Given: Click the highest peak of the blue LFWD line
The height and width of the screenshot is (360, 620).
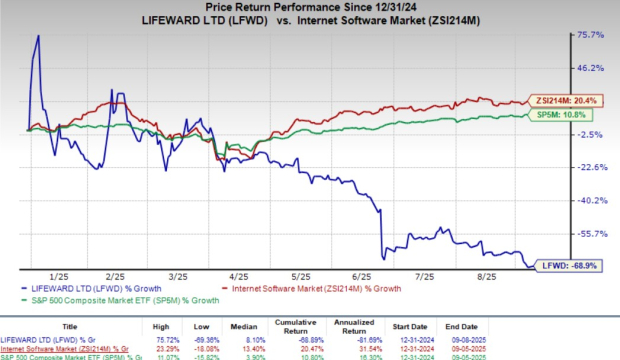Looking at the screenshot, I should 38,36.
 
